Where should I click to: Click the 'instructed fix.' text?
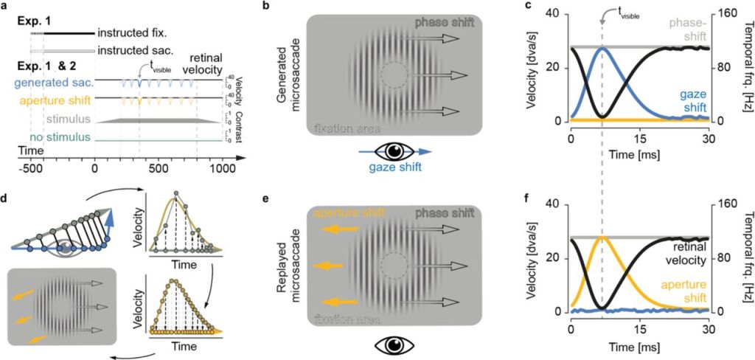[x=134, y=33]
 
